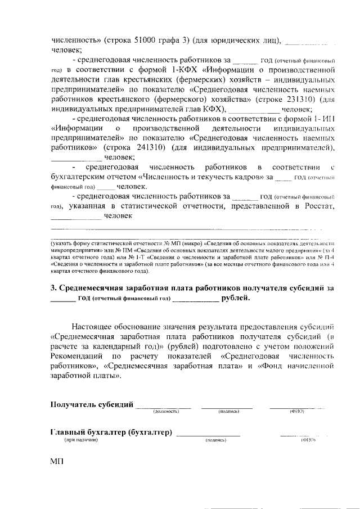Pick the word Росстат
(x=319, y=206)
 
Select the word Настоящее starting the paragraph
(x=93, y=326)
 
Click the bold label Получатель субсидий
(x=92, y=404)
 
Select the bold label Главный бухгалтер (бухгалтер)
(x=111, y=432)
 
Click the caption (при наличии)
(x=81, y=440)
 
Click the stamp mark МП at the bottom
(x=57, y=461)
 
